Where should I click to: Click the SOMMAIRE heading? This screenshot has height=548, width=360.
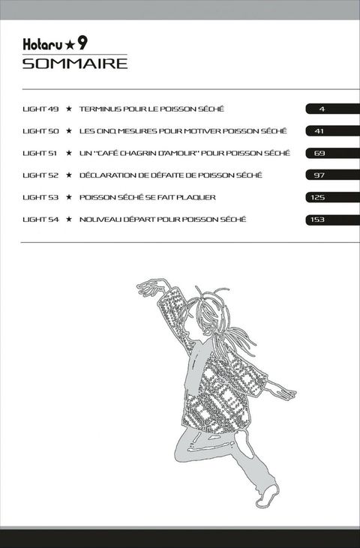pyautogui.click(x=75, y=64)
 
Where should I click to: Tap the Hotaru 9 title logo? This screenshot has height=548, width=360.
pyautogui.click(x=55, y=44)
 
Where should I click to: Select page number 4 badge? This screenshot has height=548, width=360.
pyautogui.click(x=332, y=109)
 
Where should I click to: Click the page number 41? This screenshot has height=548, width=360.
pyautogui.click(x=319, y=131)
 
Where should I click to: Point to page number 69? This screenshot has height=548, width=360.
pyautogui.click(x=319, y=153)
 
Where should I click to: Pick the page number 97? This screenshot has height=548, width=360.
pyautogui.click(x=319, y=175)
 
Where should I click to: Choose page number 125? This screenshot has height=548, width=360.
pyautogui.click(x=317, y=197)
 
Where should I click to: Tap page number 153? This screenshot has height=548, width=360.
pyautogui.click(x=317, y=220)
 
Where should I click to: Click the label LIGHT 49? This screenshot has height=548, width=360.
pyautogui.click(x=40, y=109)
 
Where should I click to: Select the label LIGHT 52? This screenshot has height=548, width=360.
pyautogui.click(x=40, y=175)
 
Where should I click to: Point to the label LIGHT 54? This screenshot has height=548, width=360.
pyautogui.click(x=40, y=220)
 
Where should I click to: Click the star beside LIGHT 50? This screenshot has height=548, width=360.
pyautogui.click(x=69, y=130)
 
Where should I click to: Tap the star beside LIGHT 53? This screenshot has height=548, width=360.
pyautogui.click(x=69, y=197)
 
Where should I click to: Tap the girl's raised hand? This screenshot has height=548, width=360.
pyautogui.click(x=150, y=287)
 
